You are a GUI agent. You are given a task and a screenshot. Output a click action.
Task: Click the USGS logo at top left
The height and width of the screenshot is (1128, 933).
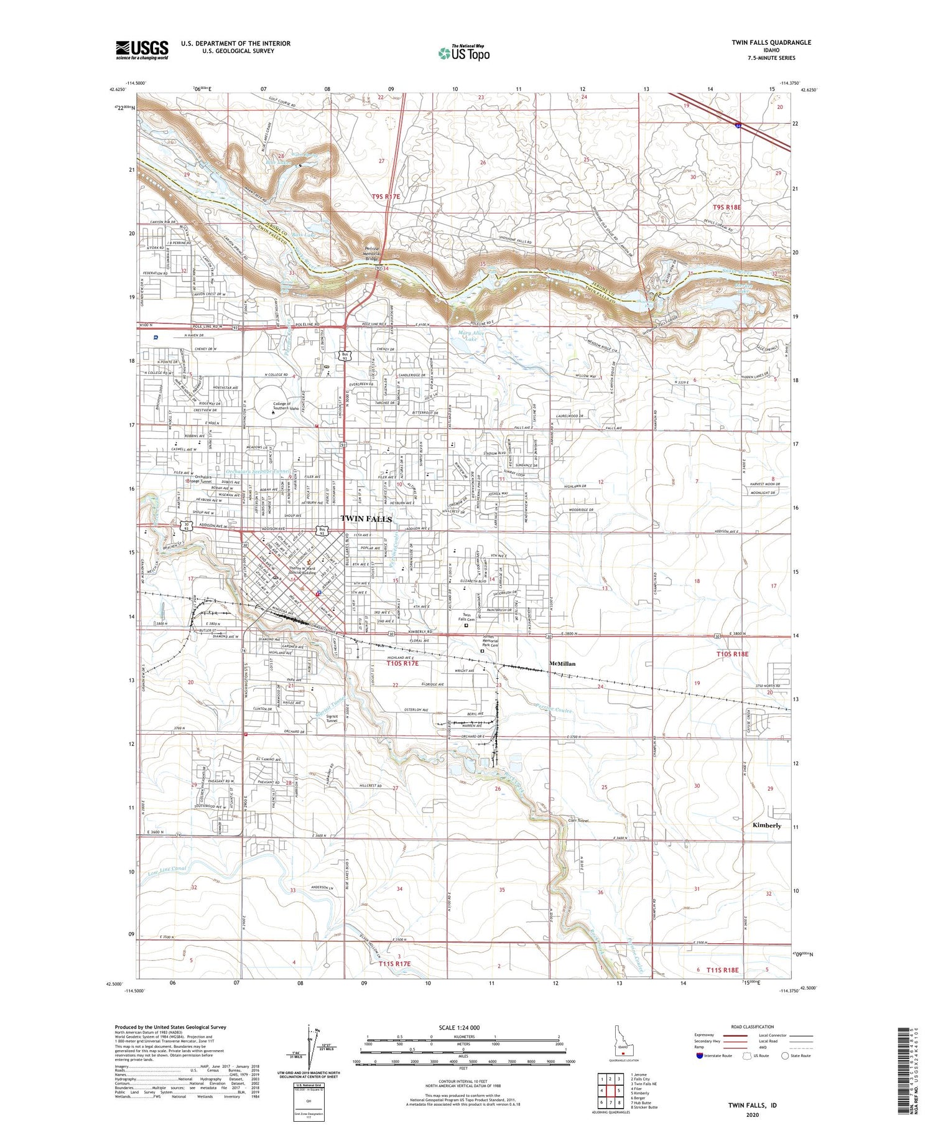(x=142, y=50)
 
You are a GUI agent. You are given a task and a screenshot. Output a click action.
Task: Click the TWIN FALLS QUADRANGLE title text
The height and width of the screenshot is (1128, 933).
(x=771, y=42)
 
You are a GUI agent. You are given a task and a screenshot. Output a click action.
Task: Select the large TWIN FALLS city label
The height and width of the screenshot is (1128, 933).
(x=366, y=518)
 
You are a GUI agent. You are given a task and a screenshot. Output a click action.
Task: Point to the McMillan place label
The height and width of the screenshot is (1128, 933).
(x=562, y=663)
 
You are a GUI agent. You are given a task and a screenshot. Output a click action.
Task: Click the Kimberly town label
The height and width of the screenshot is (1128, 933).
(x=766, y=825)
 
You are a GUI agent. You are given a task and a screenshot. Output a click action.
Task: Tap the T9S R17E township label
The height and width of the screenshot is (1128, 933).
(x=386, y=196)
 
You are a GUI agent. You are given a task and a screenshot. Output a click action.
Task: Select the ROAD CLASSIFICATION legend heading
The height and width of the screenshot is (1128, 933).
(x=753, y=1027)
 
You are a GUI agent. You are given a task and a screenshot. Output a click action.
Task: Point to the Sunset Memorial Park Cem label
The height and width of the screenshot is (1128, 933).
(x=491, y=641)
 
